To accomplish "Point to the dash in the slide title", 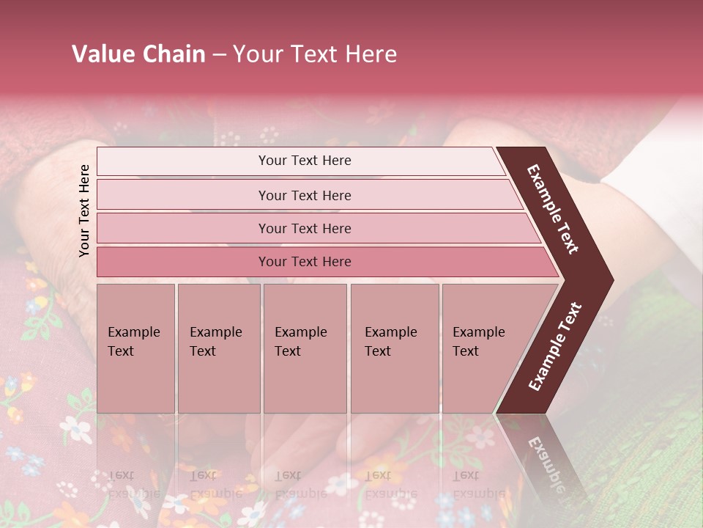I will click(x=219, y=55).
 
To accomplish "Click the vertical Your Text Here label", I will click(x=84, y=210).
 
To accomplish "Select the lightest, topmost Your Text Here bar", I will click(x=305, y=161).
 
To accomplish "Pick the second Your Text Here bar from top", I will click(x=305, y=195).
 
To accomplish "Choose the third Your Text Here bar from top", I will click(x=305, y=228).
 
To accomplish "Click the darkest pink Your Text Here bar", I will click(x=305, y=261).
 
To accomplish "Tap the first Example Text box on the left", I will click(x=135, y=348).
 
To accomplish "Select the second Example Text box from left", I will click(x=218, y=348).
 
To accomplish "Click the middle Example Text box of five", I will click(x=305, y=348).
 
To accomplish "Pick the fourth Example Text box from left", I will click(x=394, y=348).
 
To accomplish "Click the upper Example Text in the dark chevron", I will click(x=553, y=208).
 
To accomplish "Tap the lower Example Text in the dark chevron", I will click(x=555, y=346).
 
